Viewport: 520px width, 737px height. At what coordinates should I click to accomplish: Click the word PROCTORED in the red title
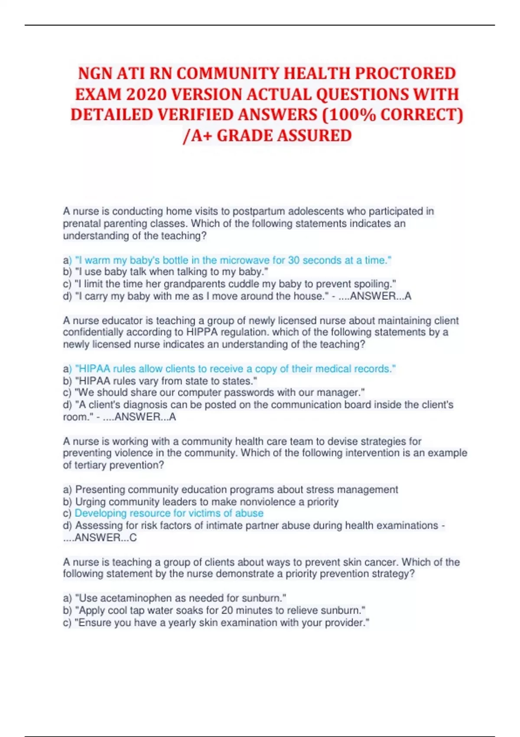tap(405, 73)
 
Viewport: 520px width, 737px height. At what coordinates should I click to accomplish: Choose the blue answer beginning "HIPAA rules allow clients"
tap(235, 369)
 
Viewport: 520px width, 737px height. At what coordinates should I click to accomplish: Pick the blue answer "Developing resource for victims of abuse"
tap(169, 513)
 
